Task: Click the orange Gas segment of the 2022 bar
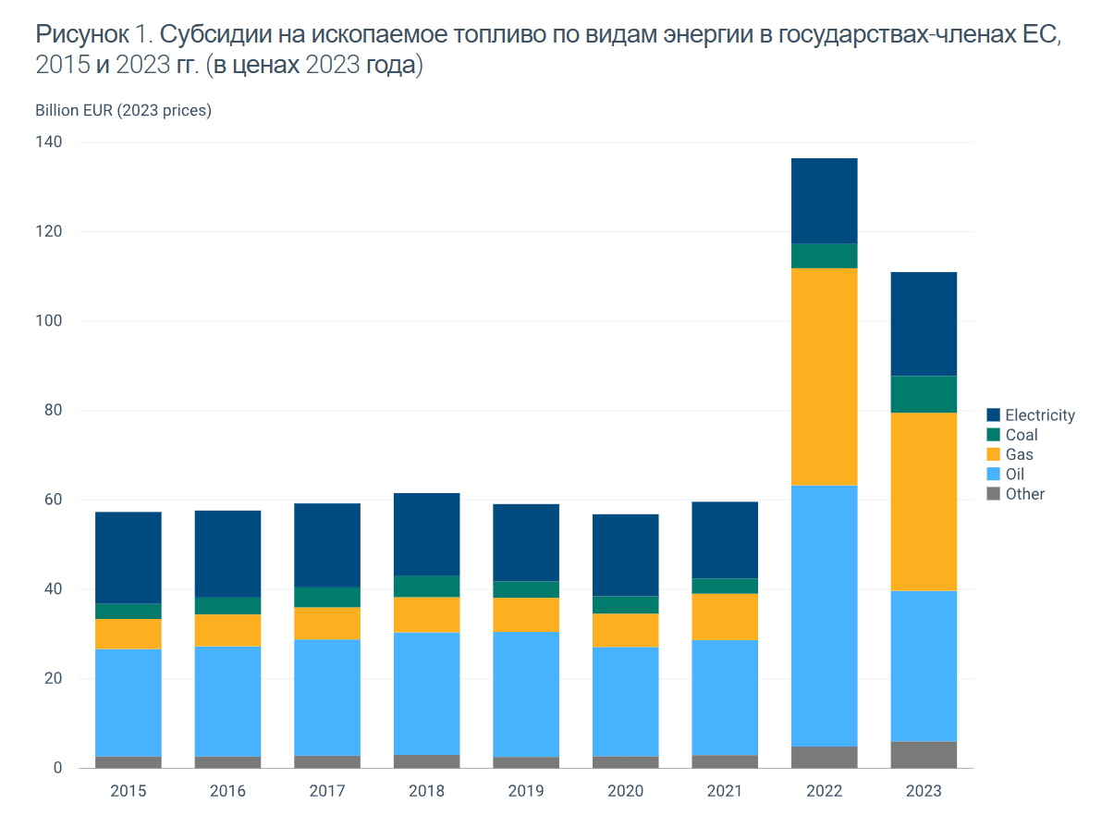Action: tap(824, 377)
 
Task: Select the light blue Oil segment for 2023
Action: tap(924, 666)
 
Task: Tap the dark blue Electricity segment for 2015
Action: tap(128, 557)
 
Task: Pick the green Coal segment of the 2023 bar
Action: tap(924, 394)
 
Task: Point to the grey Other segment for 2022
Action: tap(824, 757)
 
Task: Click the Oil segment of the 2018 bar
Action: tap(426, 693)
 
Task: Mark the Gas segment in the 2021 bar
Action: tap(725, 616)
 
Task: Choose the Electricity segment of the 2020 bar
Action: tap(626, 555)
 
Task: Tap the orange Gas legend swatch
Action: tap(994, 454)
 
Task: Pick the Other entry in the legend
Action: tap(1024, 494)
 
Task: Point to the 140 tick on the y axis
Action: tap(50, 142)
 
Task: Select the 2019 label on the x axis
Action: tap(526, 791)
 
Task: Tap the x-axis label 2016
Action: tap(227, 791)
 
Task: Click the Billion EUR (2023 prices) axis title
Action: tap(124, 111)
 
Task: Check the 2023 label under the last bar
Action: tap(924, 791)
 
